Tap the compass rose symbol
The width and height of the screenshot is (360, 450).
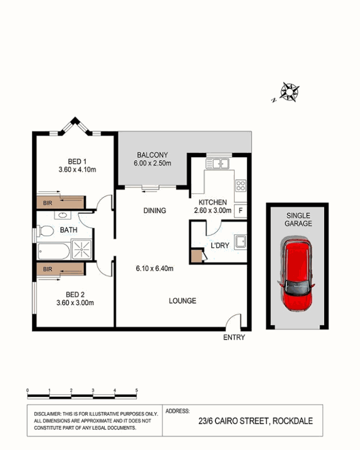(x=290, y=92)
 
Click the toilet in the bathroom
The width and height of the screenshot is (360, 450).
(x=45, y=231)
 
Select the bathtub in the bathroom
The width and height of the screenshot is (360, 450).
(x=53, y=251)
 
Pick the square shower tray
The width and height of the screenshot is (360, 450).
(x=82, y=249)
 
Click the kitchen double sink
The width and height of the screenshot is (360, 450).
(x=218, y=164)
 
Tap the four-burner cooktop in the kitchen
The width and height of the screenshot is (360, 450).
(x=241, y=185)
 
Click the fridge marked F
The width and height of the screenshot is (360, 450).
(x=240, y=211)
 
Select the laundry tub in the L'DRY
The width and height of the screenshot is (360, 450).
(x=240, y=242)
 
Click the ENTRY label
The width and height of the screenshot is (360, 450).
(x=234, y=337)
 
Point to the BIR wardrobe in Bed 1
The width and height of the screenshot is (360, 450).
(x=61, y=203)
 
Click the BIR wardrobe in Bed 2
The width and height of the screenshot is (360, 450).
(x=61, y=269)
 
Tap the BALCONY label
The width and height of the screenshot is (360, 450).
(x=152, y=155)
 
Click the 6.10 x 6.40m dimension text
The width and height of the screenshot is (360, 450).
(x=155, y=269)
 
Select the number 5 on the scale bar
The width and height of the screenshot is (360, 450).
(x=136, y=390)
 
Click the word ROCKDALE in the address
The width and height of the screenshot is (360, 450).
(x=292, y=421)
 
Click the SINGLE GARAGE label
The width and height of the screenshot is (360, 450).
(x=298, y=219)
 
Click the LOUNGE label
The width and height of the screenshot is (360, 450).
(x=182, y=301)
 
